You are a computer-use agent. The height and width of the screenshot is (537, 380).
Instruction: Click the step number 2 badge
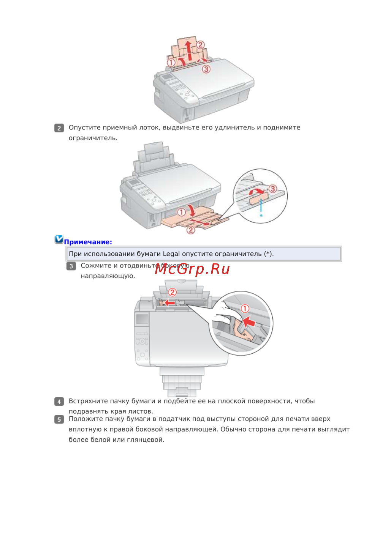(x=59, y=128)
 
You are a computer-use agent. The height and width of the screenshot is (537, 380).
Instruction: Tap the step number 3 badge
(x=71, y=266)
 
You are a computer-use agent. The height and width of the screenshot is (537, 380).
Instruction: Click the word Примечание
(x=88, y=242)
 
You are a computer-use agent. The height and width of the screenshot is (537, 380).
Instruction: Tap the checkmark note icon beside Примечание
(x=59, y=239)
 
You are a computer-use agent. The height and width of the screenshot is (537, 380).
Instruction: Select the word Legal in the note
(x=171, y=254)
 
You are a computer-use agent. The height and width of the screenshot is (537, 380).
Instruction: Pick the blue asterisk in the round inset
(x=261, y=216)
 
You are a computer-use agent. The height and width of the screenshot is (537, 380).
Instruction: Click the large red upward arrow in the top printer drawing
(x=189, y=50)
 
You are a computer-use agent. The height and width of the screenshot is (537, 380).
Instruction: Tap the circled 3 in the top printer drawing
(x=206, y=69)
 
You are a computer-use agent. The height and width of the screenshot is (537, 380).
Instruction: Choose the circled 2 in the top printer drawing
(x=200, y=45)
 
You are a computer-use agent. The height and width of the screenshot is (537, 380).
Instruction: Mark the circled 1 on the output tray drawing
(x=182, y=212)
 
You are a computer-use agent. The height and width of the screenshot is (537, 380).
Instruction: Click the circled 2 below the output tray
(x=191, y=230)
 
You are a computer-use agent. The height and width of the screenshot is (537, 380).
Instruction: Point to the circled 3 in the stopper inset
(x=273, y=189)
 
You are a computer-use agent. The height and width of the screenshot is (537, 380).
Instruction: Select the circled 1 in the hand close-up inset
(x=245, y=309)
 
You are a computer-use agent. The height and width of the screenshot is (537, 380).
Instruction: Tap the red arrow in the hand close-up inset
(x=249, y=321)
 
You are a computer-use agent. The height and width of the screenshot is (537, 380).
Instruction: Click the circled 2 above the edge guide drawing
(x=173, y=292)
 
